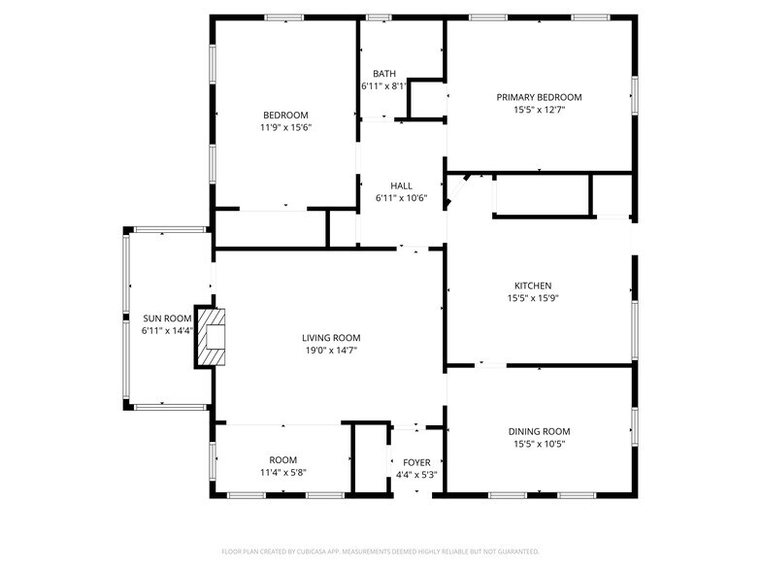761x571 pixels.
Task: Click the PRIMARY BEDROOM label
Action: (539, 97)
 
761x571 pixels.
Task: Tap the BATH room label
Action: (384, 74)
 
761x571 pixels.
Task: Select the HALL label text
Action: (402, 186)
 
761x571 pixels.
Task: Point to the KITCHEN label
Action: (533, 285)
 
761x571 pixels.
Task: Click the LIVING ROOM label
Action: (331, 338)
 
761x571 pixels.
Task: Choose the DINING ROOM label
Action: (540, 431)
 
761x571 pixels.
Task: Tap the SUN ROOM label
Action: (167, 319)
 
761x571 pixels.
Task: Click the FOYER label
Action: (416, 462)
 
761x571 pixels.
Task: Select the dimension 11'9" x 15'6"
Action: (285, 128)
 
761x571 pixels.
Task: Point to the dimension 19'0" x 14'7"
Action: (331, 351)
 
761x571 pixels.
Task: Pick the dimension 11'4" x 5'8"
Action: (283, 472)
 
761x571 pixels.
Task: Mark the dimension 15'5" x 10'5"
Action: (540, 444)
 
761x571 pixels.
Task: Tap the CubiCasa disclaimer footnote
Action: (380, 552)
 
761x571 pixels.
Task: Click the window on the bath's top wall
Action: (379, 17)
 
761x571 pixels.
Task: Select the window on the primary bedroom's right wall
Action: (635, 95)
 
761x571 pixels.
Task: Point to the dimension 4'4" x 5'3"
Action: (416, 475)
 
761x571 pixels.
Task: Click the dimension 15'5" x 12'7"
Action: (540, 110)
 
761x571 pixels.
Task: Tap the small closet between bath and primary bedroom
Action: (427, 99)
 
